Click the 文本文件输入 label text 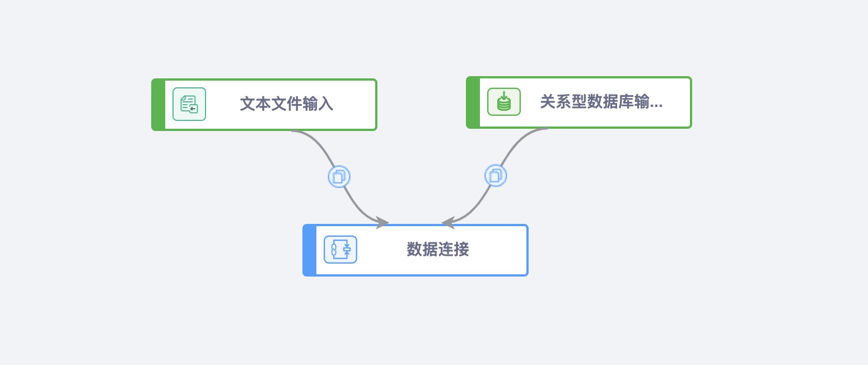point(286,104)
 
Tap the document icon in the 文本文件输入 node point(189,104)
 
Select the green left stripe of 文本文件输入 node point(158,105)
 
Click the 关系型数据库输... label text point(601,102)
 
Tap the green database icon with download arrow point(504,102)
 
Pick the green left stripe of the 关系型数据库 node point(473,102)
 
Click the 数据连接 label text point(437,250)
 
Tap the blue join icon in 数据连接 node point(340,250)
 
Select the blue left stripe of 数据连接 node point(310,250)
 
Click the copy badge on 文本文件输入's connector point(339,176)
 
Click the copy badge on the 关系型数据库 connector point(496,175)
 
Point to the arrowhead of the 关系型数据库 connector point(446,223)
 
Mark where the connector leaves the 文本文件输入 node point(292,131)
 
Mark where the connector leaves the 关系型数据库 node point(548,129)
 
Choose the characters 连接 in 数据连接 point(453,250)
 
